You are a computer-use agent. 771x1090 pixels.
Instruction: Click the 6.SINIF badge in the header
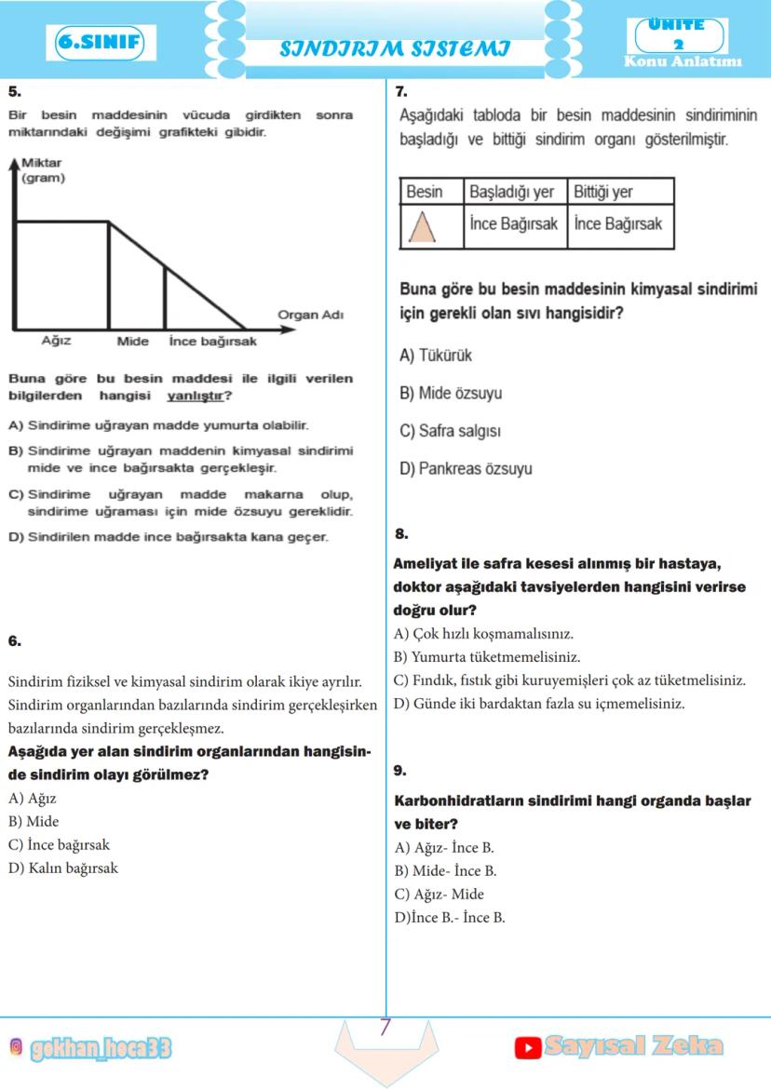coord(100,42)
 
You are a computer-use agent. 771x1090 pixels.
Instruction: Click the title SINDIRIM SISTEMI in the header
coord(395,48)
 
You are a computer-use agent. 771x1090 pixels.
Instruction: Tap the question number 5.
coord(14,91)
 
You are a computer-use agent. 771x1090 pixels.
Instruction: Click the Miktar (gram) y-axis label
coord(42,170)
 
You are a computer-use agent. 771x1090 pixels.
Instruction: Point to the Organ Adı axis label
coord(311,315)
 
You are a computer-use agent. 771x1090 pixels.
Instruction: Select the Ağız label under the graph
coord(56,341)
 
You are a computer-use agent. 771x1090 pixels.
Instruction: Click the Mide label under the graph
coord(133,342)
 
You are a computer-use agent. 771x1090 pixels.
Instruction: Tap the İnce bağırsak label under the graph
coord(212,342)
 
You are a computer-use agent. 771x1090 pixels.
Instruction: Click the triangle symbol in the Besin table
coord(424,226)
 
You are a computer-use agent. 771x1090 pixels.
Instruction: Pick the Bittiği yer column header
coord(602,192)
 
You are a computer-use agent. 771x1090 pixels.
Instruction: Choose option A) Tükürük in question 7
coord(436,356)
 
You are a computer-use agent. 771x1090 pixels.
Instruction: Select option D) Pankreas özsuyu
coord(466,469)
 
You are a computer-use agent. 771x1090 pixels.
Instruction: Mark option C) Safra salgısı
coord(451,431)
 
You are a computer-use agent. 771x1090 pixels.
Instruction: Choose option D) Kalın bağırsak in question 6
coord(62,868)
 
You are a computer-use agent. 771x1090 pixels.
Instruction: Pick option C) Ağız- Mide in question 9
coord(440,895)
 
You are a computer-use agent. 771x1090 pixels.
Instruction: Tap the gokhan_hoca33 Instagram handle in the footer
coord(101,1049)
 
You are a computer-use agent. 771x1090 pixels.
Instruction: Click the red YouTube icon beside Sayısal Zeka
coord(528,1048)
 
